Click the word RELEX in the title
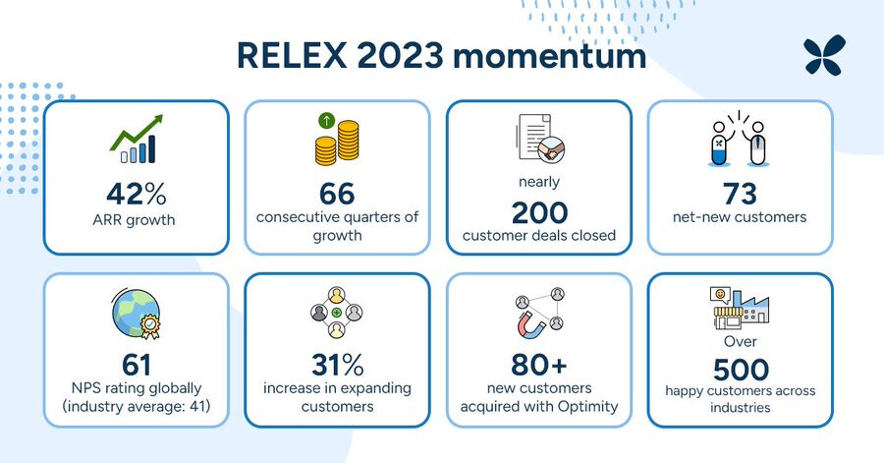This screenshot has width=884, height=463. coord(292,55)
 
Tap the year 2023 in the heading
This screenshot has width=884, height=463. coord(400,55)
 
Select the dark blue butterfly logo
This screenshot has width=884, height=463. coord(824,55)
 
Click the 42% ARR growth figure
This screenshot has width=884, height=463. coord(137,194)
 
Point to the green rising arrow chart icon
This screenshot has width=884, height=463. coord(136,140)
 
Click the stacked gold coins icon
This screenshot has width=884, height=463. coord(337,140)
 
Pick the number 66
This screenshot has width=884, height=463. coord(337,194)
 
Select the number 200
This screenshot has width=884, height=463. coord(539,212)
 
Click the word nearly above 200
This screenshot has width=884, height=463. coord(539,182)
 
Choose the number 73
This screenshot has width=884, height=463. coord(740,194)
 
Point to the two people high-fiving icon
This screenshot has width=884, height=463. coord(739,139)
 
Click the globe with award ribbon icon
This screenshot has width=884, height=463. coord(137,314)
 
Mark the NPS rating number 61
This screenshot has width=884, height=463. coord(137,365)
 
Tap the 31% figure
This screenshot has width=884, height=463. coord(337,365)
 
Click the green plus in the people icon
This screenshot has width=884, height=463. coord(337,313)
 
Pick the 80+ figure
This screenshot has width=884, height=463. coord(539,365)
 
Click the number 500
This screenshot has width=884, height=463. coord(741,370)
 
